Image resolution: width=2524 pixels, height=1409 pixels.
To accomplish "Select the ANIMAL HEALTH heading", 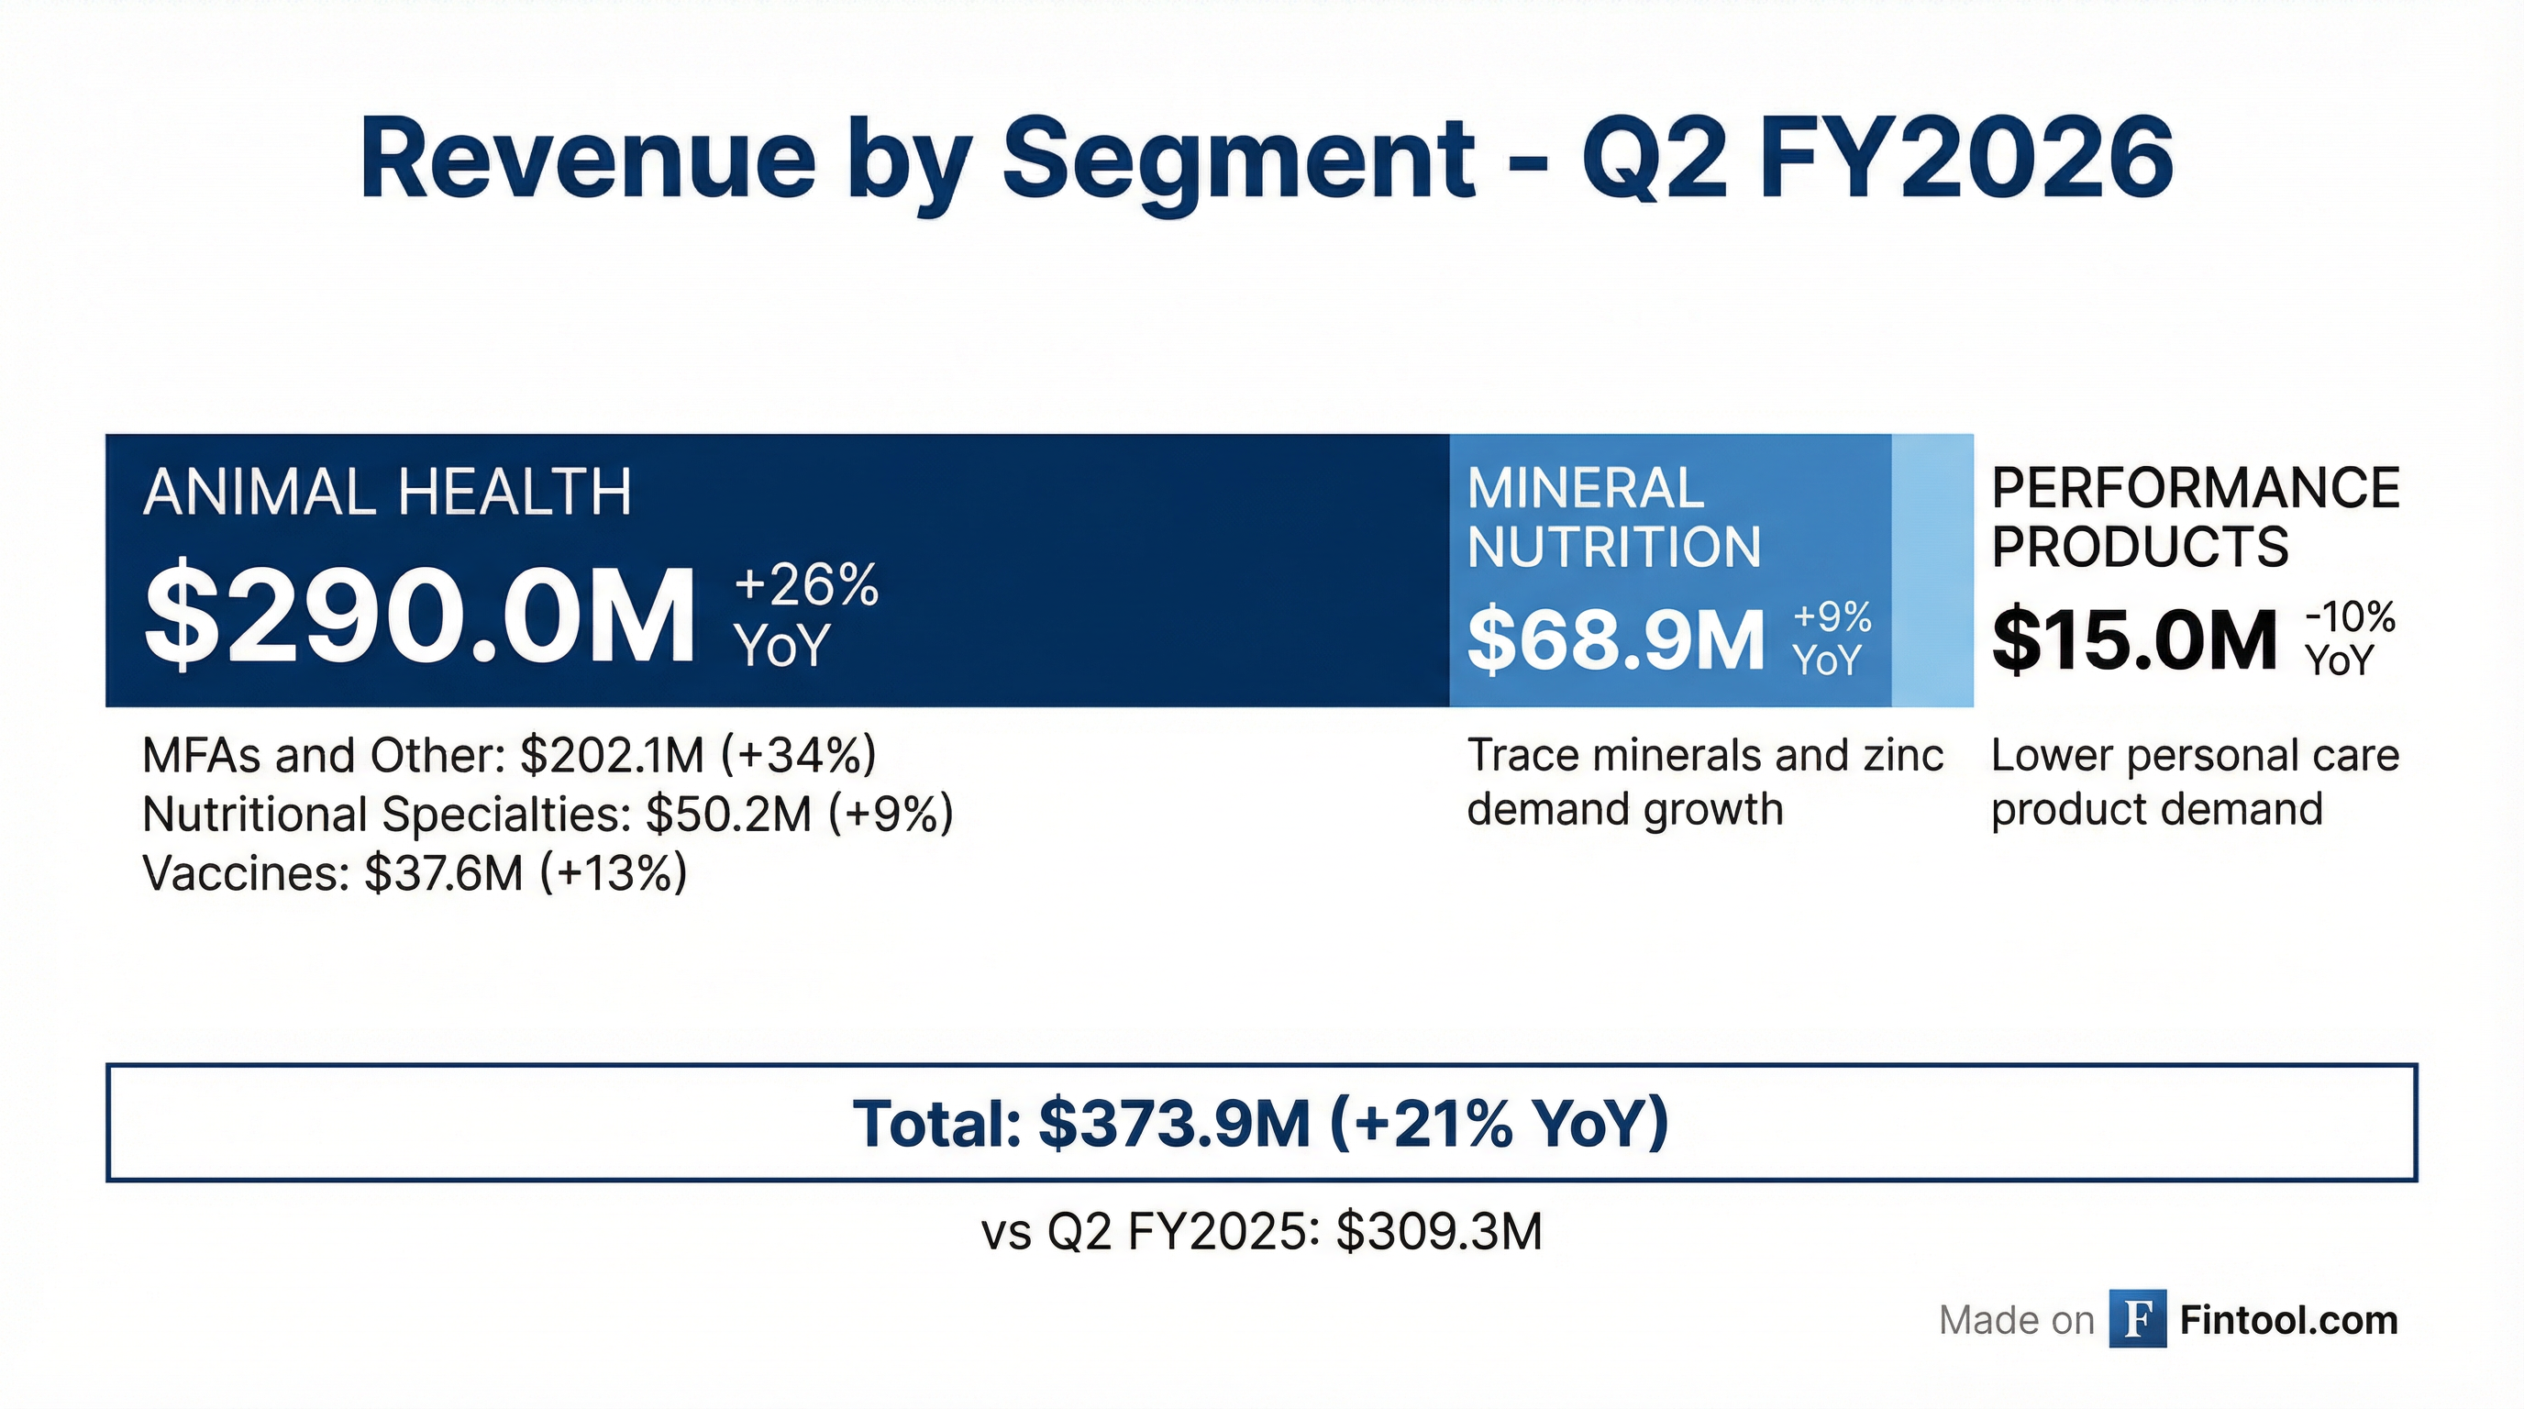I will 387,492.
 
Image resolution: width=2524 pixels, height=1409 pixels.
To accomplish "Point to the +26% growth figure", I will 805,585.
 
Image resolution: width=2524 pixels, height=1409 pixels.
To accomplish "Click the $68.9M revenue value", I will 1615,641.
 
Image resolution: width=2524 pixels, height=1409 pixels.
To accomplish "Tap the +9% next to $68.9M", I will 1832,617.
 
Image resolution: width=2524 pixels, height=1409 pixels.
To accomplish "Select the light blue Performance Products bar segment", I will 1932,570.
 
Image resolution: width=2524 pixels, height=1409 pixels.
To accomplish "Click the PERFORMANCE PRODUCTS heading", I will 2195,517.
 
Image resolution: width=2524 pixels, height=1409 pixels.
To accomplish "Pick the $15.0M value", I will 2134,641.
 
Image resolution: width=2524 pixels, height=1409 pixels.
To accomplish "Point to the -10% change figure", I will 2350,617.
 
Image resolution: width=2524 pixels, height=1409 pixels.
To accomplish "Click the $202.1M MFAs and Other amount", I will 612,756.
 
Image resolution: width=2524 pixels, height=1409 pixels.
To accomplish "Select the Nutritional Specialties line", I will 547,815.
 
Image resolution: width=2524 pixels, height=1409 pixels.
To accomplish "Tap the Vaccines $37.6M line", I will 415,873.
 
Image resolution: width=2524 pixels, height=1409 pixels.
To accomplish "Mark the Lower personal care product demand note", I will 2195,782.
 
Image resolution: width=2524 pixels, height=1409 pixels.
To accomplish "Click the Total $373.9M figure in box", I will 1174,1123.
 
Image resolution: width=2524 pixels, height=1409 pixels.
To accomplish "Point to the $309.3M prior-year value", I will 1438,1232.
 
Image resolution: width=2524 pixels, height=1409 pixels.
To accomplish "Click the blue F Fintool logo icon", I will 2138,1320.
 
